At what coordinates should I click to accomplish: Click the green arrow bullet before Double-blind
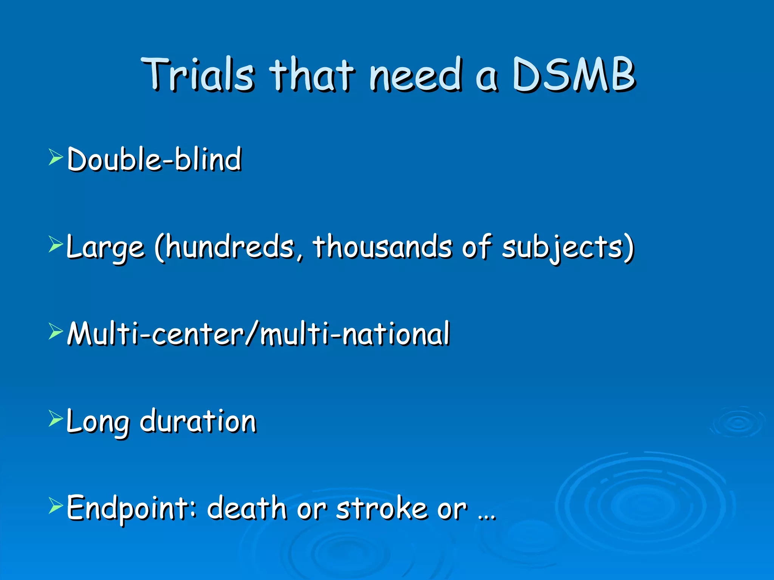click(x=56, y=157)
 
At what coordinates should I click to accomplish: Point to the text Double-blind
click(x=154, y=159)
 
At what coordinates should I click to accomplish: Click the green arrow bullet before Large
click(x=56, y=245)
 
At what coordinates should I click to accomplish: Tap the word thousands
click(x=382, y=247)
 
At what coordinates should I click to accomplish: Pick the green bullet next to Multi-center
click(x=56, y=332)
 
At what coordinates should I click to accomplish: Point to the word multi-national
click(x=355, y=334)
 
